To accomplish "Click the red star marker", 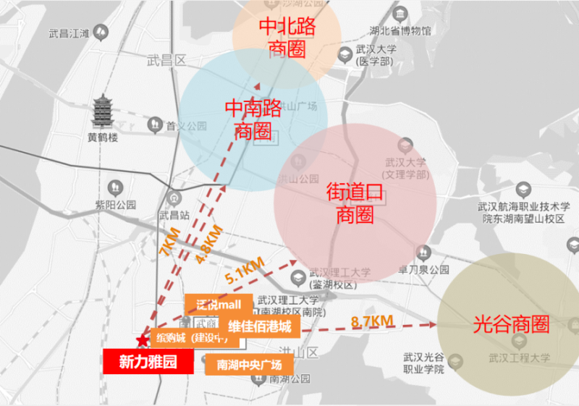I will click(x=140, y=341).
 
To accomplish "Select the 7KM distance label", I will click(x=170, y=242).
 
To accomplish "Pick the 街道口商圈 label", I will click(x=355, y=203).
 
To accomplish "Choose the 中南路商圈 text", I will click(x=253, y=120).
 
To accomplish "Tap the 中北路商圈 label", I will click(x=287, y=38).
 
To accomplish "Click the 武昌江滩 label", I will click(x=69, y=33).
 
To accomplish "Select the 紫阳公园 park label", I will click(x=116, y=205).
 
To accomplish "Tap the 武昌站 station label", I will click(x=174, y=215).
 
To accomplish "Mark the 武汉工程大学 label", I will click(x=519, y=357).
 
